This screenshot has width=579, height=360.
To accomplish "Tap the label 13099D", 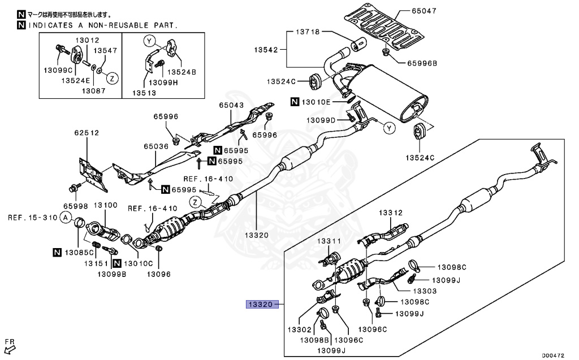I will point(321,120).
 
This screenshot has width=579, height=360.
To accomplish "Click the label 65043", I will point(232,105).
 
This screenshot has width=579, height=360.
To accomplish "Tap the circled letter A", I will point(66,218).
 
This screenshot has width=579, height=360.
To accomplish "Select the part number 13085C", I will point(79,252).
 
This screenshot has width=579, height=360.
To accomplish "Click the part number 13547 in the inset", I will point(105,51).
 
